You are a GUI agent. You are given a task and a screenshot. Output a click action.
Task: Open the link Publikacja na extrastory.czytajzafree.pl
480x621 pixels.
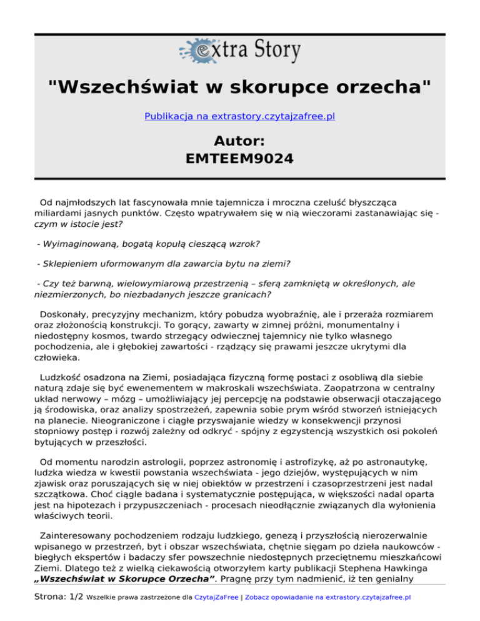point(240,116)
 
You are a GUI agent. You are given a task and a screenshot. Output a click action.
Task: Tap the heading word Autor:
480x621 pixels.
point(240,141)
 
